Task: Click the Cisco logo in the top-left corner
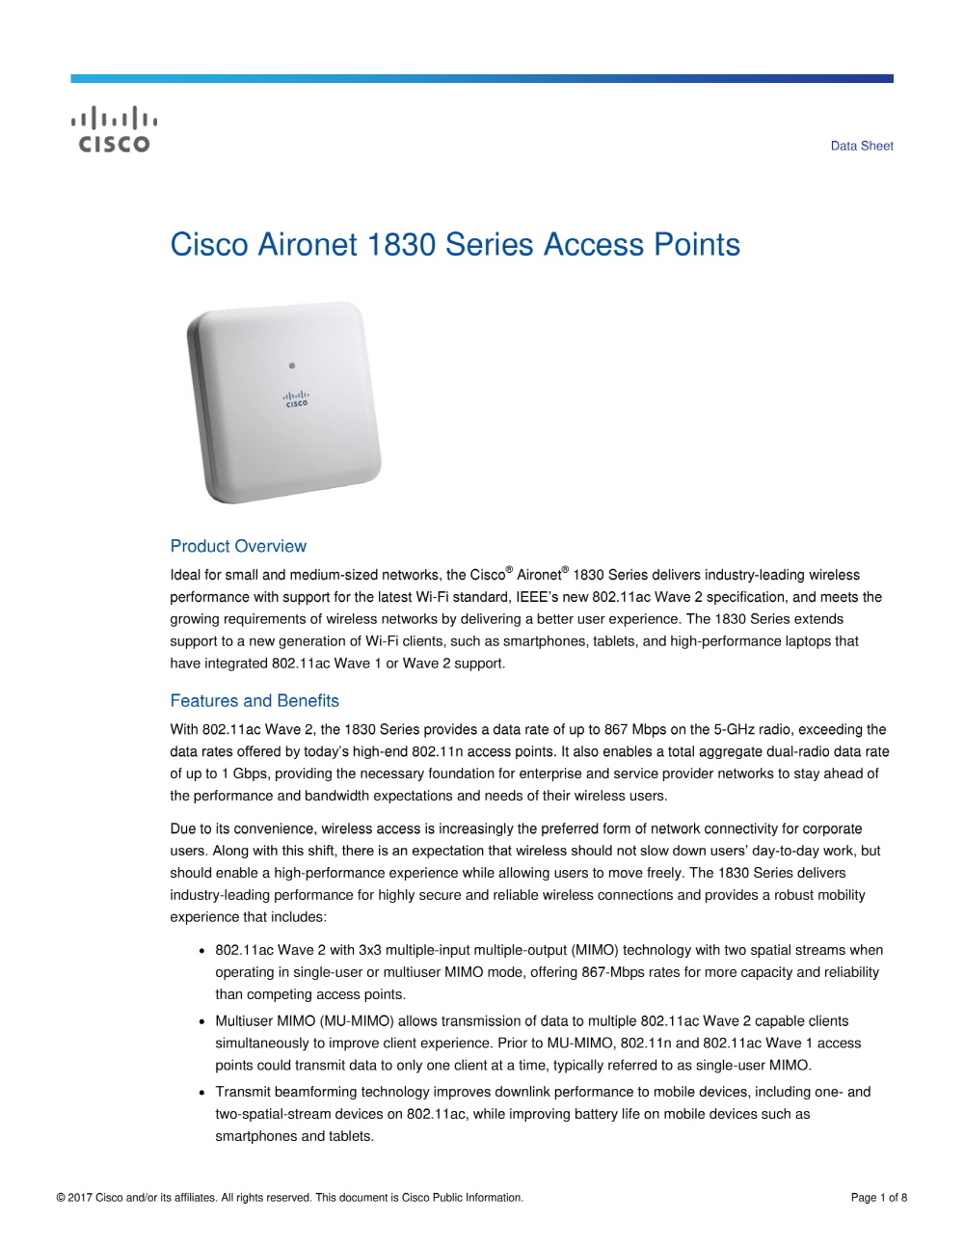pos(114,130)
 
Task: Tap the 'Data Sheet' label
pos(862,146)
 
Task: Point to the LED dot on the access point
pos(292,366)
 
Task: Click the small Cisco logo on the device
pos(296,399)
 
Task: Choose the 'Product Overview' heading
pos(238,546)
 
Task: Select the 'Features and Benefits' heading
pos(254,701)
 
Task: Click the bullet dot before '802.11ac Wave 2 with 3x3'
pos(201,951)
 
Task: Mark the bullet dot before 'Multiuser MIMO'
pos(201,1021)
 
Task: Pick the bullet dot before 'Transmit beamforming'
pos(201,1093)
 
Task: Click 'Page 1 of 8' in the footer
pos(878,1198)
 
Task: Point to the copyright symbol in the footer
pos(61,1198)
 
